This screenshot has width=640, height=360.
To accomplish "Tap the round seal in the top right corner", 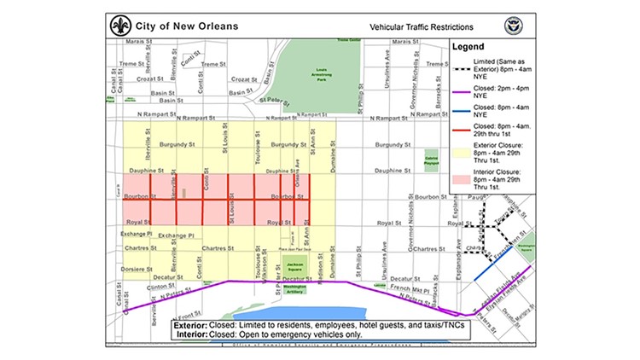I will tap(512, 25).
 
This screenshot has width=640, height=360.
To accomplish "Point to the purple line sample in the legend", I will tap(462, 92).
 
